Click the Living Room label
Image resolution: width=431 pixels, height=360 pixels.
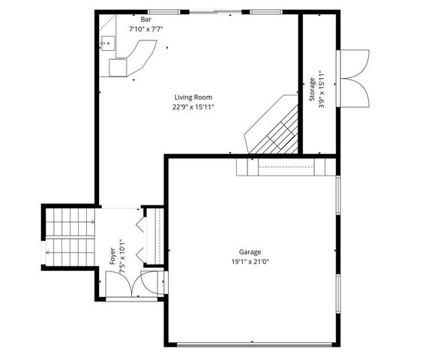(193, 97)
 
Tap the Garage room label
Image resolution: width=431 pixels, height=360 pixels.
(250, 252)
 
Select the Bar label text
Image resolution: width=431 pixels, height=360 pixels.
(145, 19)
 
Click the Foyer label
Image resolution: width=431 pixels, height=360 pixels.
(113, 256)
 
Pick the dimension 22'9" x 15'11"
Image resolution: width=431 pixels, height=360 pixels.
(193, 106)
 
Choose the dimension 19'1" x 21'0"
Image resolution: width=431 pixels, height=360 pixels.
(250, 262)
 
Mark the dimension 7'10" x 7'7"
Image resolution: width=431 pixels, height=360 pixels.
(145, 28)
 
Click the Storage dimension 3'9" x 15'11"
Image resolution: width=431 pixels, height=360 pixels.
(322, 88)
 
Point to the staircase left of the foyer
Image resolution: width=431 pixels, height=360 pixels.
(70, 236)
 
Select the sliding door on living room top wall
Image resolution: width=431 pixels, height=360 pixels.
(217, 11)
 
